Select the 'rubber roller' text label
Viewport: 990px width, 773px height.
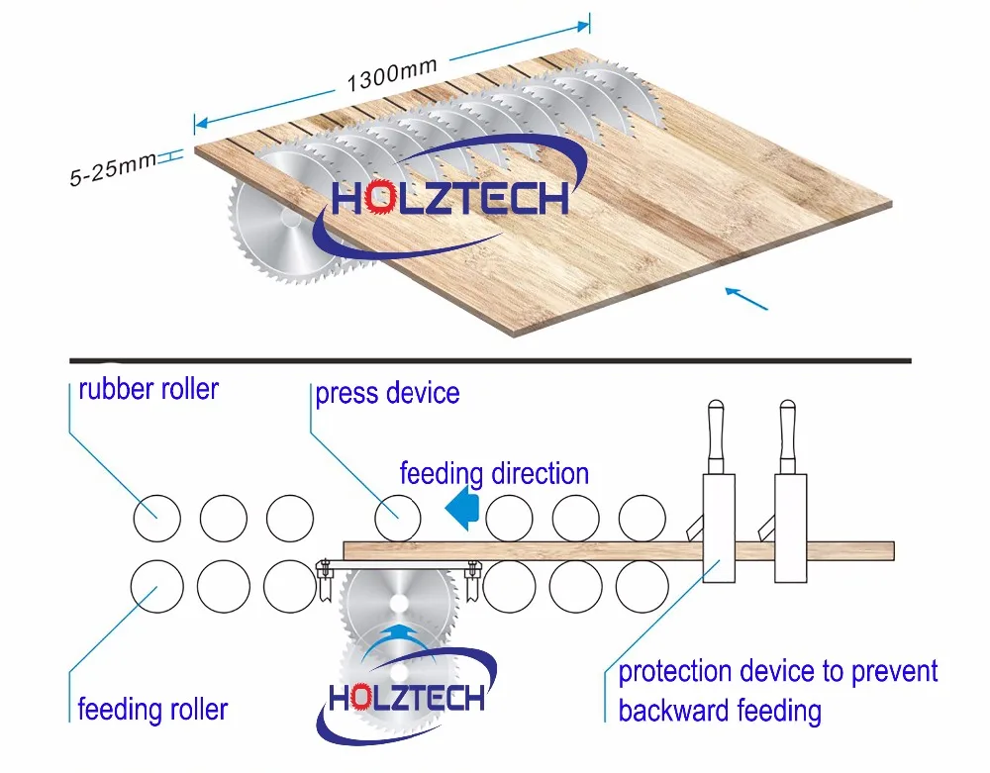(x=148, y=388)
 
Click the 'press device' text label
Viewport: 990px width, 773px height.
(x=387, y=393)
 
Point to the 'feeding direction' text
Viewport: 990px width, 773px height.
(x=494, y=473)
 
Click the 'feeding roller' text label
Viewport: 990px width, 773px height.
(x=152, y=709)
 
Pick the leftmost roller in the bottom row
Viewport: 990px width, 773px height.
(x=156, y=586)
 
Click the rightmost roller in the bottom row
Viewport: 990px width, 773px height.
(x=643, y=586)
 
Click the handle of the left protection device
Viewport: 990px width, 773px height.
(x=717, y=435)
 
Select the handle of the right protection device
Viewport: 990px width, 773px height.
(x=787, y=435)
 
